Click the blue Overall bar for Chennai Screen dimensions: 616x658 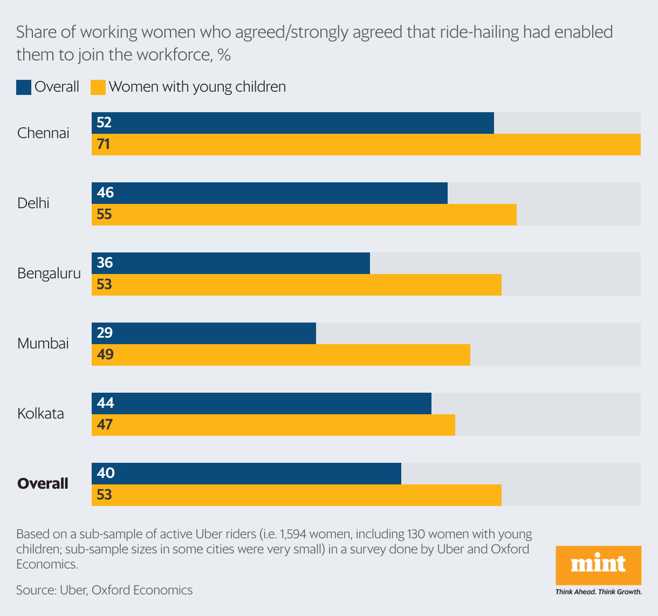tap(293, 123)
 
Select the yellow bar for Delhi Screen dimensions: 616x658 tap(304, 215)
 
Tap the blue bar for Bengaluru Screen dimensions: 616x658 tap(231, 263)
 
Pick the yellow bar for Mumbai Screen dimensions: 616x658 tap(281, 355)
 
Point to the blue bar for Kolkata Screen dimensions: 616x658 tap(262, 403)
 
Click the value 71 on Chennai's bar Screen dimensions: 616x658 tap(104, 145)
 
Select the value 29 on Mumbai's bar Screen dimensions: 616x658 tap(105, 333)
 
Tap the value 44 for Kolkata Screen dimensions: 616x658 tap(105, 403)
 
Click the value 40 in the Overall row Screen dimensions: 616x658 tap(106, 473)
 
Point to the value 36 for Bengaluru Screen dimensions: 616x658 tap(105, 263)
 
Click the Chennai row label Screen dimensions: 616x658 tap(43, 133)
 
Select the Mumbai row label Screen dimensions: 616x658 tap(43, 344)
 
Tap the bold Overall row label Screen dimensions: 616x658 tap(43, 484)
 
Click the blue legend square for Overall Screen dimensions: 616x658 tap(24, 87)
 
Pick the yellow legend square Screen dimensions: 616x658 tap(98, 87)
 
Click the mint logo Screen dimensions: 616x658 tap(598, 565)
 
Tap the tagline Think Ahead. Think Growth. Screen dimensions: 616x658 tap(598, 592)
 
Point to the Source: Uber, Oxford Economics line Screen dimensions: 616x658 tap(104, 590)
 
